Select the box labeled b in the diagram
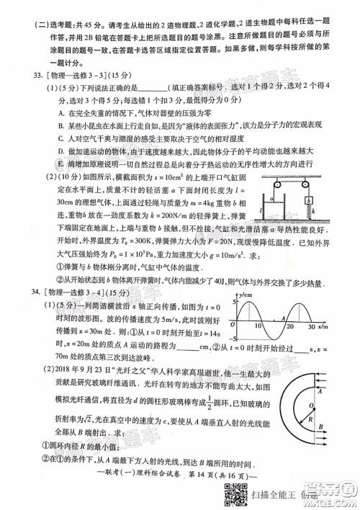[x=307, y=201]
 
